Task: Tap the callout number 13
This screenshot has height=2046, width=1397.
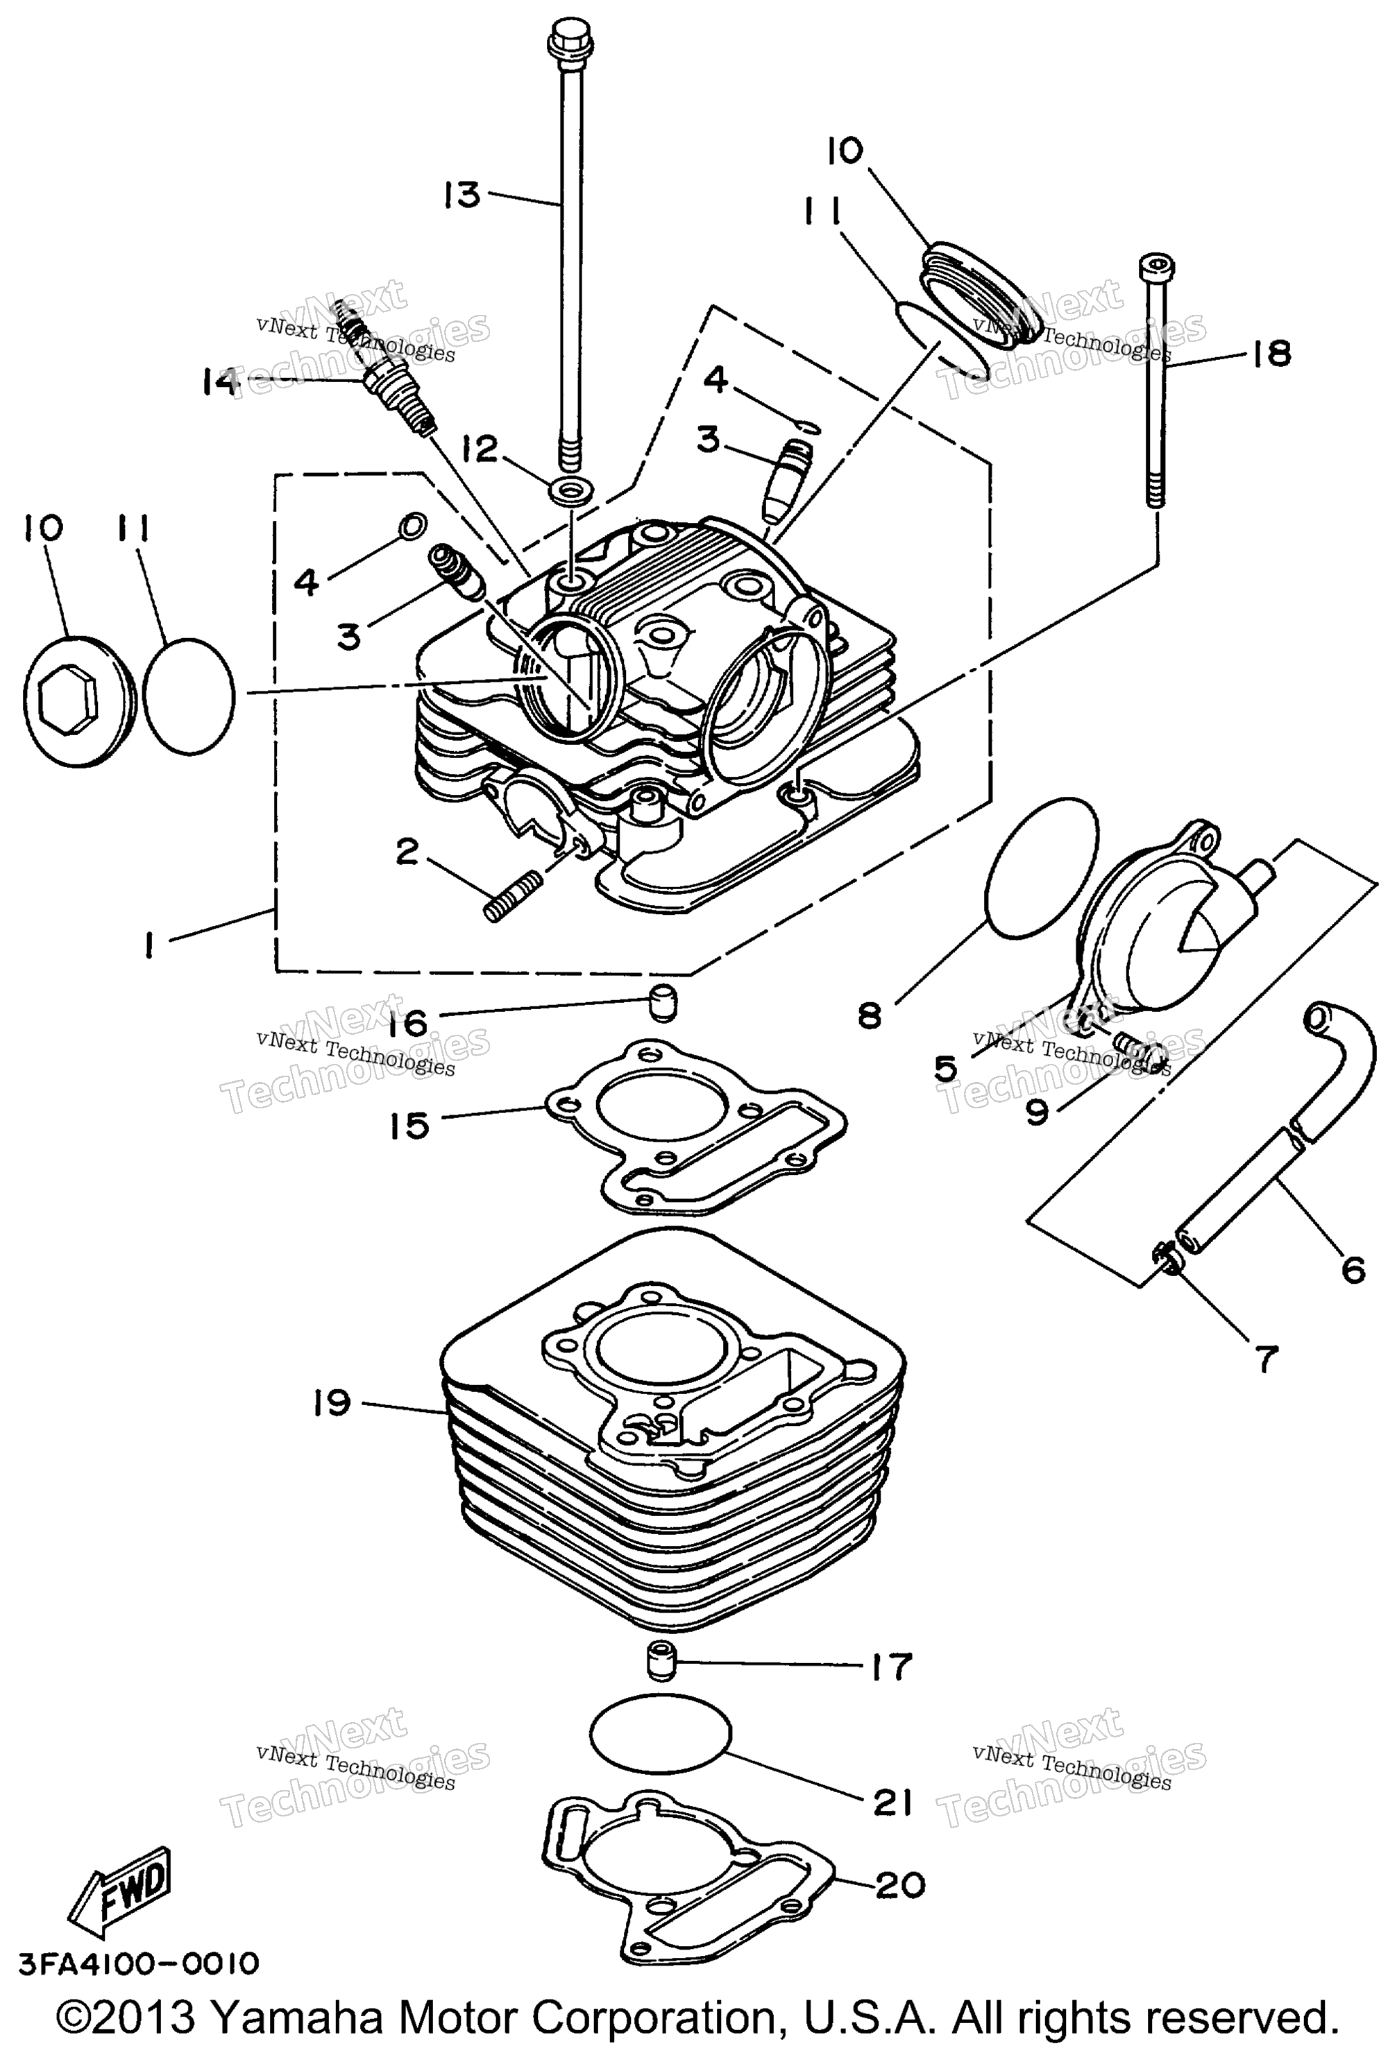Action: click(462, 195)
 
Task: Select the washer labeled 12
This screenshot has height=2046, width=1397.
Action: click(573, 491)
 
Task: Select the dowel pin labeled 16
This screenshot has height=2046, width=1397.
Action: click(662, 1004)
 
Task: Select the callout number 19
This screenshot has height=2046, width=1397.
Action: click(331, 1402)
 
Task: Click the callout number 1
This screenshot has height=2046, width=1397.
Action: click(151, 947)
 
